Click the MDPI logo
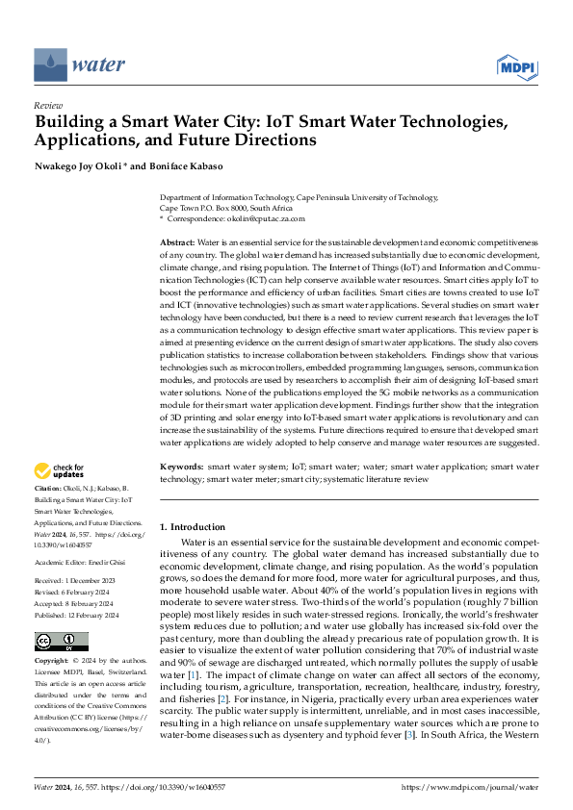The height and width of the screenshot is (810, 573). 515,66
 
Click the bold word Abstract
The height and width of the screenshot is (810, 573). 176,241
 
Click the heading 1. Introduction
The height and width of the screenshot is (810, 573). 193,527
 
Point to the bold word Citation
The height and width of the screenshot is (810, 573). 49,491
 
